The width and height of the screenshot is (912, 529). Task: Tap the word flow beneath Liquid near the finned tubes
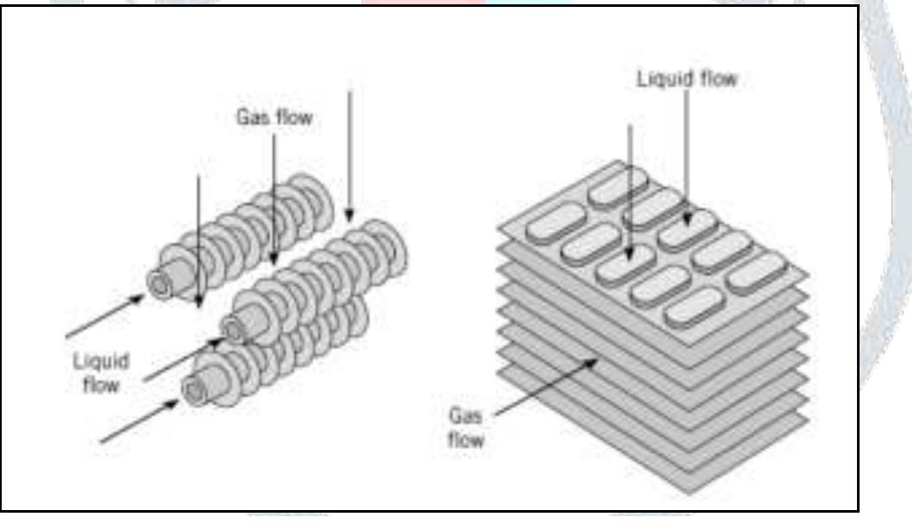coord(100,384)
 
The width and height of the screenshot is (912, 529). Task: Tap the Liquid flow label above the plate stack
coord(686,78)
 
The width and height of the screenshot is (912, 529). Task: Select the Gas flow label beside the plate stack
coord(467,428)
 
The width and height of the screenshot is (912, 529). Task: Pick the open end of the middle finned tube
coord(231,328)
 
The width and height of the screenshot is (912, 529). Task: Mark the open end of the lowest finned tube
coord(193,391)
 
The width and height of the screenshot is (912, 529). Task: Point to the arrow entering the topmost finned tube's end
coord(104,314)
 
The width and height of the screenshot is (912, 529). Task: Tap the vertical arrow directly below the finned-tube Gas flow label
coord(273,198)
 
